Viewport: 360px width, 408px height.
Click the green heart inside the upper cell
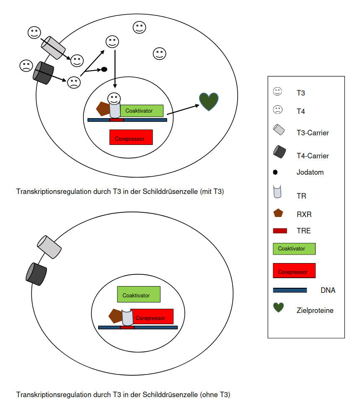(209, 101)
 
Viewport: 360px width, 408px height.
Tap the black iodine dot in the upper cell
(104, 69)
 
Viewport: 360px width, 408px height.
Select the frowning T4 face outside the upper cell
(26, 66)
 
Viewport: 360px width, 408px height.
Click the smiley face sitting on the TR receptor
(114, 98)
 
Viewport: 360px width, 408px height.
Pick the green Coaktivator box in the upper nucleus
(142, 111)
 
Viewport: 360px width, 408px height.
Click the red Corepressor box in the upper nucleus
(131, 137)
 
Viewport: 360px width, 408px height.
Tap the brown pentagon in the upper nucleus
(103, 109)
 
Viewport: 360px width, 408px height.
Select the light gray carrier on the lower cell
(49, 247)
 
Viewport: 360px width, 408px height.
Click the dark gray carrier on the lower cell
(36, 274)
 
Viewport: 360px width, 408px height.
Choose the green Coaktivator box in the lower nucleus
(139, 294)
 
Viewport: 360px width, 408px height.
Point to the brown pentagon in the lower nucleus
(115, 316)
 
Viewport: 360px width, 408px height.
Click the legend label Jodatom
(310, 172)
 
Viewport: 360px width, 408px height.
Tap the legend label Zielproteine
(315, 310)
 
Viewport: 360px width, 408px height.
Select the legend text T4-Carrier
(313, 156)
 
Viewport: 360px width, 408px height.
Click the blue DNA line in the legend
(290, 290)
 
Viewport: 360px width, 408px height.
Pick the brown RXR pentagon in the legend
(278, 213)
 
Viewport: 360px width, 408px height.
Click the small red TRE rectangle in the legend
(280, 231)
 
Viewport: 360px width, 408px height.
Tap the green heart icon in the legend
(279, 307)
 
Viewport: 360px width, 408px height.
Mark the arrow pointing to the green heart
(183, 110)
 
